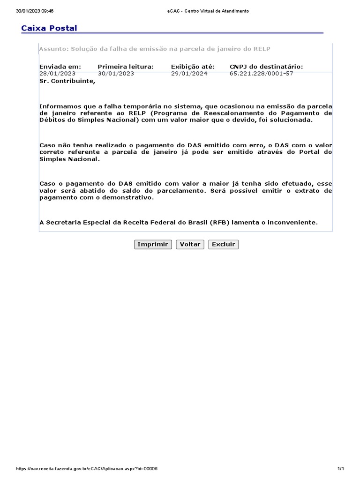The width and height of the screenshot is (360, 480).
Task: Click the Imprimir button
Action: pyautogui.click(x=153, y=244)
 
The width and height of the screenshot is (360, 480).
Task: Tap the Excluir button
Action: pyautogui.click(x=223, y=244)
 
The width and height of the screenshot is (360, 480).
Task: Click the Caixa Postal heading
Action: pyautogui.click(x=49, y=29)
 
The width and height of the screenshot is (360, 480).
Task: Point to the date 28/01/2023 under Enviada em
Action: pyautogui.click(x=57, y=74)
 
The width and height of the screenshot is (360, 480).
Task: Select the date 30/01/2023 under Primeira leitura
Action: pyautogui.click(x=116, y=74)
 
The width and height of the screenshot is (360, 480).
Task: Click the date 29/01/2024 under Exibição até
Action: pyautogui.click(x=189, y=74)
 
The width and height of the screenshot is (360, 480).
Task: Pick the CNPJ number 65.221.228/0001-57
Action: pyautogui.click(x=262, y=74)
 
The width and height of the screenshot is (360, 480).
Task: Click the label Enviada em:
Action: pyautogui.click(x=60, y=67)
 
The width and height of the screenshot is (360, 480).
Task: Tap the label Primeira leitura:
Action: pyautogui.click(x=125, y=67)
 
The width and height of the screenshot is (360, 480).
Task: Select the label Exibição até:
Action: pyautogui.click(x=193, y=67)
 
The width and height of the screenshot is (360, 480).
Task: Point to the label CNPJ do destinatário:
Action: pyautogui.click(x=266, y=67)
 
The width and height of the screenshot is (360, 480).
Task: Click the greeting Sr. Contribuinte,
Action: pyautogui.click(x=67, y=81)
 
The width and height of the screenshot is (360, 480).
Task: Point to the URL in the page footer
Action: pyautogui.click(x=87, y=469)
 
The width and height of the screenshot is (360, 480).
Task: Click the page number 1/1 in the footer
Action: pyautogui.click(x=341, y=469)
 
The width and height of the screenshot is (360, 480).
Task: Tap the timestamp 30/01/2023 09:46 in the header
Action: pyautogui.click(x=35, y=11)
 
